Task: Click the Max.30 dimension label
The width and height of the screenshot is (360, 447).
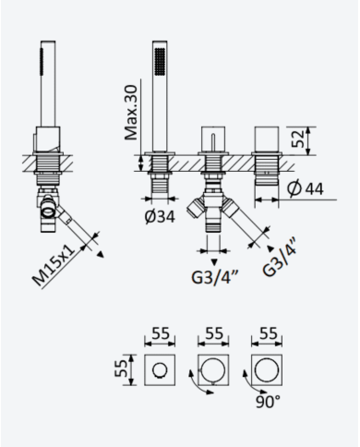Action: click(131, 113)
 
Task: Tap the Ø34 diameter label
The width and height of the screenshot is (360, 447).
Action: click(160, 217)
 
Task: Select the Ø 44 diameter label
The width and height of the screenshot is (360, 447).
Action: click(306, 187)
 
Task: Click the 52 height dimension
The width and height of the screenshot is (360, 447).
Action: click(297, 139)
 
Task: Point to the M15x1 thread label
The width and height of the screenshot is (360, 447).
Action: click(54, 266)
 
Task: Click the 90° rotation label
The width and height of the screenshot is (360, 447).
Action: click(269, 402)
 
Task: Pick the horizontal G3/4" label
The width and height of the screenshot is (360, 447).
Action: click(213, 277)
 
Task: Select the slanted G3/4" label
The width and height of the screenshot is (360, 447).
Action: click(280, 257)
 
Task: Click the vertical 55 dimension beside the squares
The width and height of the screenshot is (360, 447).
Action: click(121, 368)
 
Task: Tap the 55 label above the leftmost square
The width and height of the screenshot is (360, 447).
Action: click(161, 333)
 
